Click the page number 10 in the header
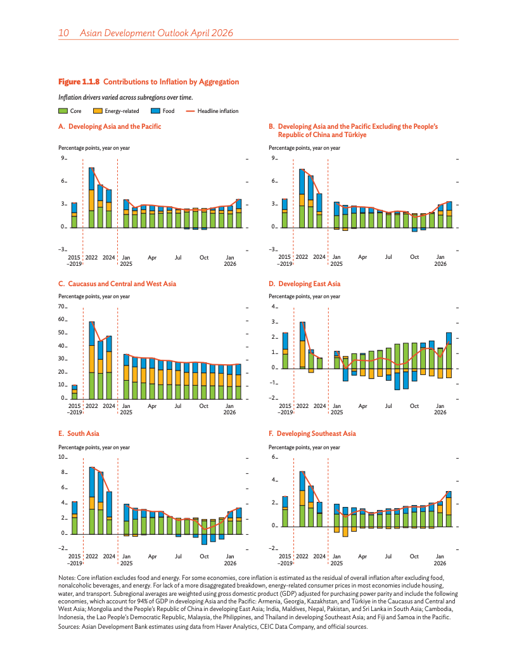63,32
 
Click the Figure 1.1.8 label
79,82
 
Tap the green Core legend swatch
63,111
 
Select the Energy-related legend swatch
98,111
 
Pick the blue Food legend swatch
155,111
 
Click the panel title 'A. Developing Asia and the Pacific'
110,126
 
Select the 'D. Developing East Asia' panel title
304,284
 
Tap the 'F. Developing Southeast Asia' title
312,433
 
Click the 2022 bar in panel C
92,360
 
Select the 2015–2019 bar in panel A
74,215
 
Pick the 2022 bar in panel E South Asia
92,500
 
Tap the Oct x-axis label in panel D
414,405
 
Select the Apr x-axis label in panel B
362,257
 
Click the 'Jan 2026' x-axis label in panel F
440,560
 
